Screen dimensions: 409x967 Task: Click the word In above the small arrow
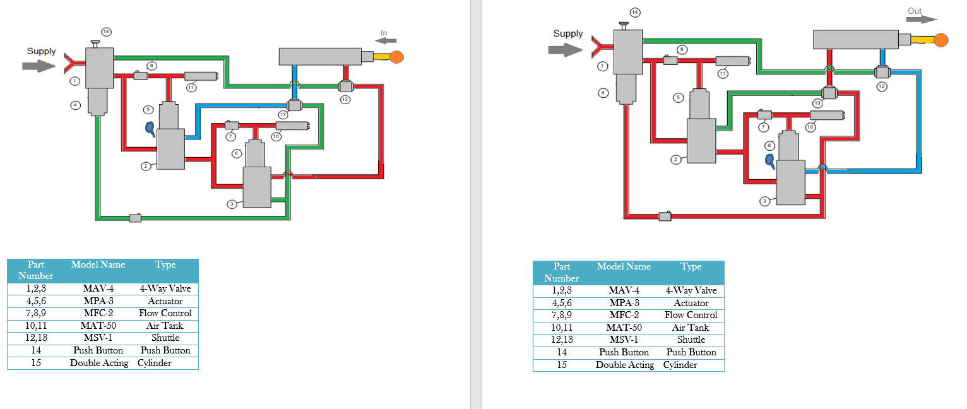coord(384,33)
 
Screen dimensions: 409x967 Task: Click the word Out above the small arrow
coord(915,11)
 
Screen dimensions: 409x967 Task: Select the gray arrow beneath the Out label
coord(921,20)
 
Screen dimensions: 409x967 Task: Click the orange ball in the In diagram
coord(396,57)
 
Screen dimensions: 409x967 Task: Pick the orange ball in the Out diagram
coord(940,40)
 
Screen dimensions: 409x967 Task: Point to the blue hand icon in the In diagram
coord(150,128)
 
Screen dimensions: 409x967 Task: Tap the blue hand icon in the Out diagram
coord(770,160)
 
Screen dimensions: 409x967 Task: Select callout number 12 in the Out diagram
coord(882,86)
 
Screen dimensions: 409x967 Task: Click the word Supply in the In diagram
coord(41,52)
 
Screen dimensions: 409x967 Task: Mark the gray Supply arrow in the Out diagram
coord(564,50)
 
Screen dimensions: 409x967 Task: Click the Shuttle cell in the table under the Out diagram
coord(691,340)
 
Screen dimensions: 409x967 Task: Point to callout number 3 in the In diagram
coord(232,204)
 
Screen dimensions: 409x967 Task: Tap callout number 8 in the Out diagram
coord(681,49)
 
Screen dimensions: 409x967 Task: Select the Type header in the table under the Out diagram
coord(691,267)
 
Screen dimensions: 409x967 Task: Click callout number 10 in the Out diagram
coord(810,127)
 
